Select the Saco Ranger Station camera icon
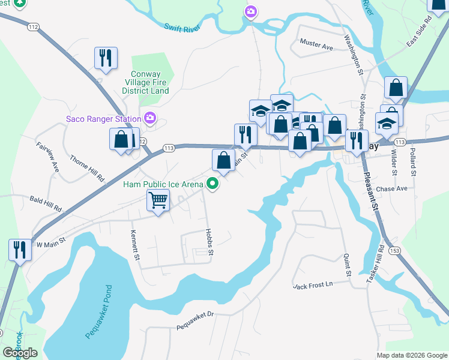149,118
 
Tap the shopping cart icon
158,200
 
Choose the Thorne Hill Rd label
87,169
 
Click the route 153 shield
394,250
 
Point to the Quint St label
347,265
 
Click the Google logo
20,352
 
